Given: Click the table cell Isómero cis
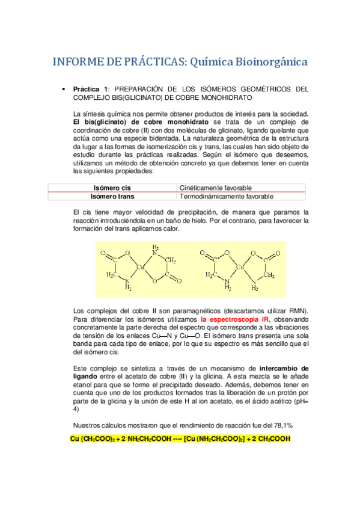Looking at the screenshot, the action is (x=112, y=188).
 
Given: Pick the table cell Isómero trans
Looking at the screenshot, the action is (x=112, y=196).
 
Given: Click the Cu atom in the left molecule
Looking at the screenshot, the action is (x=141, y=266).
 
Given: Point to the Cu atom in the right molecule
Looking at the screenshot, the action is (x=239, y=266).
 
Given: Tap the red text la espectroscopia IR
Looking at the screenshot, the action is (x=236, y=319).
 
